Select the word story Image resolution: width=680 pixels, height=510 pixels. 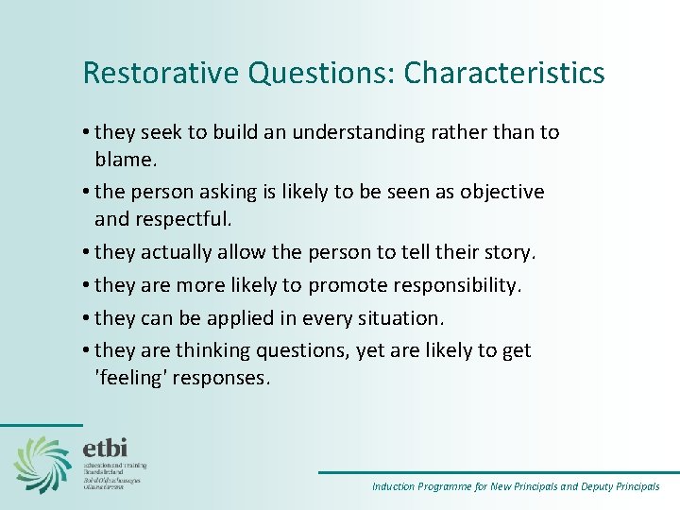[x=509, y=252]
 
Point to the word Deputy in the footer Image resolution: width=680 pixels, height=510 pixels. [x=586, y=487]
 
